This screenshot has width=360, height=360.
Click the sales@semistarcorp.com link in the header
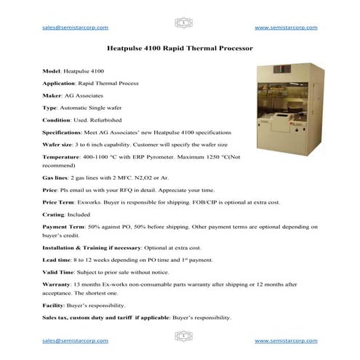75,28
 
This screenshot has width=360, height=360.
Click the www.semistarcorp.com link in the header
286,28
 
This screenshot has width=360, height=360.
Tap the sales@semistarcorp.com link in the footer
75,340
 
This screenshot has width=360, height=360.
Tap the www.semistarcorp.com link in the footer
286,340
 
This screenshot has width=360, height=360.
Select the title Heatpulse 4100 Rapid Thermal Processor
179,50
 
